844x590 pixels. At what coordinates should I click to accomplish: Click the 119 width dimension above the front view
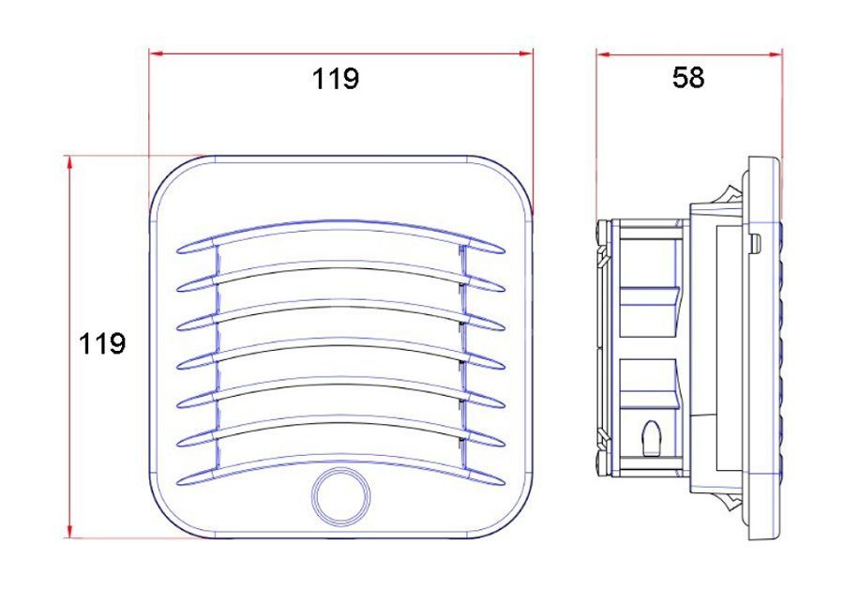336,79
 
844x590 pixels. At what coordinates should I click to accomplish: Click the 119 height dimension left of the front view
102,343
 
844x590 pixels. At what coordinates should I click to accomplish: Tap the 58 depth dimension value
688,78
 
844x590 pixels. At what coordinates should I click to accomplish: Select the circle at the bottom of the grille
341,496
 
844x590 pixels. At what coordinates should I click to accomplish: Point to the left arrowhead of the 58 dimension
602,53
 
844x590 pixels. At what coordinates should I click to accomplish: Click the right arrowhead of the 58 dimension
776,53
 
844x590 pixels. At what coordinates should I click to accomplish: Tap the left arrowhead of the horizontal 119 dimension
156,53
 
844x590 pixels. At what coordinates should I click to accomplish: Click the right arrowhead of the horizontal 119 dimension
526,53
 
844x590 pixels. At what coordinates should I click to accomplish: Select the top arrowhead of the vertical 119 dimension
69,162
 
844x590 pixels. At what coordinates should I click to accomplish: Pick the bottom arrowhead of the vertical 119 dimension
69,531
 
